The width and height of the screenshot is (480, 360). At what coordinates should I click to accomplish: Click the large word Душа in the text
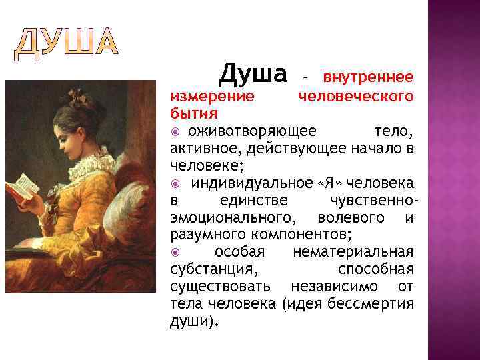(253, 72)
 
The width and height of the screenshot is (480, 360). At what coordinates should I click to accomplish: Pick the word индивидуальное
(243, 183)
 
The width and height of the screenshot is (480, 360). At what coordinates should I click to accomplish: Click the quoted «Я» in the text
(327, 183)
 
